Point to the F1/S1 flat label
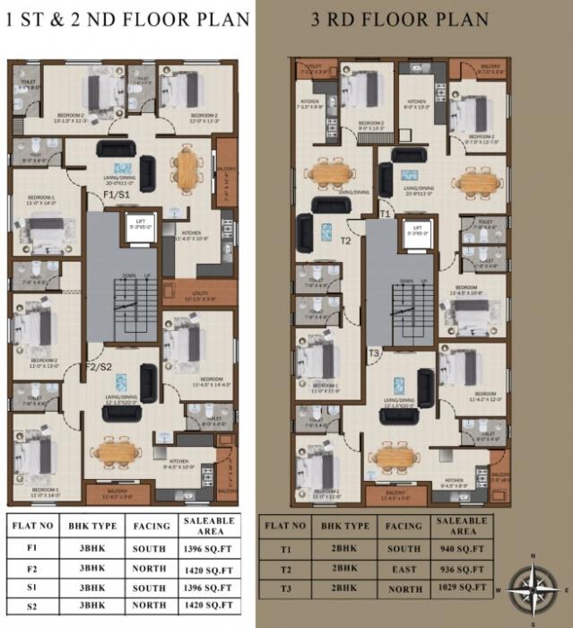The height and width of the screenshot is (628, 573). click(119, 195)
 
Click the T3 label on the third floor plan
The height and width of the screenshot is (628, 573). click(375, 354)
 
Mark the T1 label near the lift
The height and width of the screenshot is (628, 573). click(386, 214)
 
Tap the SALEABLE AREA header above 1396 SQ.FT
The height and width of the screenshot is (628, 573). click(208, 525)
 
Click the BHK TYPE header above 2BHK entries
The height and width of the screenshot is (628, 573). click(343, 527)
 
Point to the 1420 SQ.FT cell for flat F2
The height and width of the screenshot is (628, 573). click(208, 569)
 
